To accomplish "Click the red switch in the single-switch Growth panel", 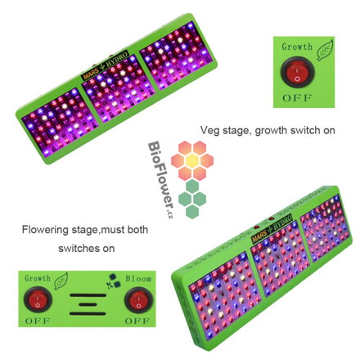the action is pos(297,71).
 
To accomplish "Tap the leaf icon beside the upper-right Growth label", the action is pos(325,50).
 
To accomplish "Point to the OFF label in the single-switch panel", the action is pos(297,97).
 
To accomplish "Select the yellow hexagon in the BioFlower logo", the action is pos(192,160).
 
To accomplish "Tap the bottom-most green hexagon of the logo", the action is pos(192,212).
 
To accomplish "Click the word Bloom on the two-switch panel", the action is pos(138,278).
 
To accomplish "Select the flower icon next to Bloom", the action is pos(114,281).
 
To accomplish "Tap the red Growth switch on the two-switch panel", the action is pos(38,299).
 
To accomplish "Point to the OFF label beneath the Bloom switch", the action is pos(137,321).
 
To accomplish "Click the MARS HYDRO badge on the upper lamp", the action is pos(105,65).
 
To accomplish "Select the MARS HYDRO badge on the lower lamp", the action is pos(272,227).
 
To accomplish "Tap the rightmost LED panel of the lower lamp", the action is pos(325,227).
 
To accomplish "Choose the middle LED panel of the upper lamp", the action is pos(118,88).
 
